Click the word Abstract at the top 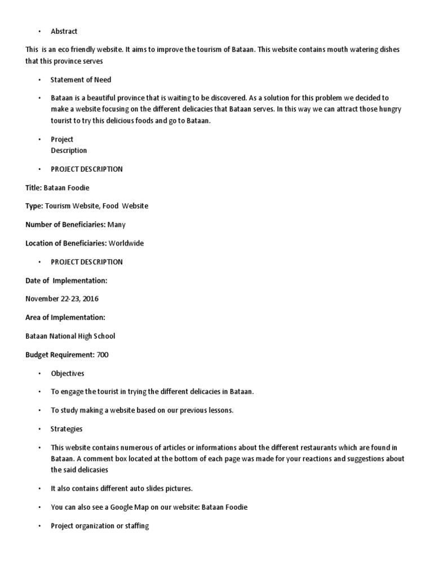tap(64, 31)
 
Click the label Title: tap(33, 187)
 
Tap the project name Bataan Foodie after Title tap(67, 187)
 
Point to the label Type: tap(34, 206)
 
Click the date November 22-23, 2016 tap(62, 299)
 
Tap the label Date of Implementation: tap(67, 280)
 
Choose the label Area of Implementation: tap(65, 317)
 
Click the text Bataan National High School tap(70, 336)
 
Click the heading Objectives tap(67, 373)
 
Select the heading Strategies tap(67, 429)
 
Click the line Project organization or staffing tap(100, 526)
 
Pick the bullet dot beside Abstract tap(40, 32)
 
